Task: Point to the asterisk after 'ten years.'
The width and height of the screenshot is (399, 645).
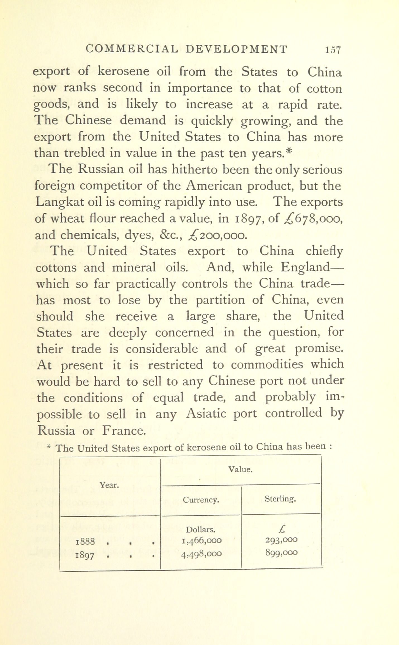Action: (289, 151)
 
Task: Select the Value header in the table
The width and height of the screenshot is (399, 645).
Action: (241, 469)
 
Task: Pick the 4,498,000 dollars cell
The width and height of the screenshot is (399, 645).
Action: (201, 554)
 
